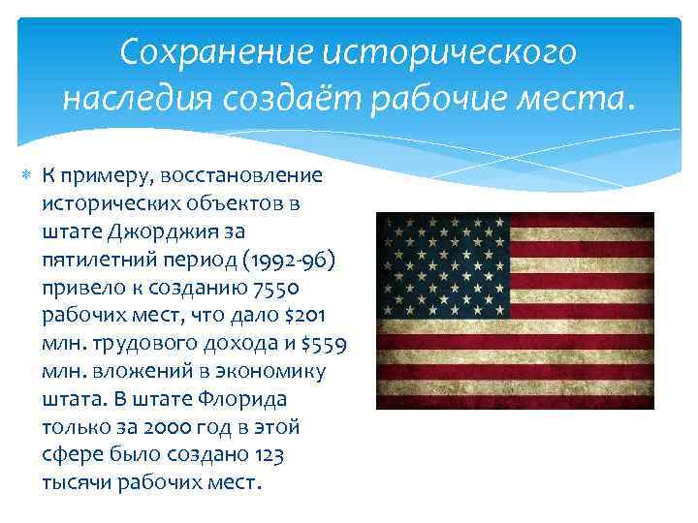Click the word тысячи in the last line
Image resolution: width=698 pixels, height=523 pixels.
click(x=77, y=482)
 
